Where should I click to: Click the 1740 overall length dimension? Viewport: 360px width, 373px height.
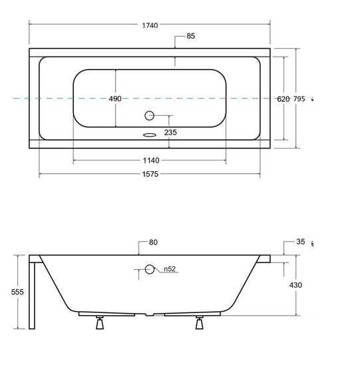pyautogui.click(x=150, y=25)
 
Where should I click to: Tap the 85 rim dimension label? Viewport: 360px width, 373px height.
pyautogui.click(x=190, y=36)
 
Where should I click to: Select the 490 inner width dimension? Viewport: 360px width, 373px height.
pyautogui.click(x=115, y=99)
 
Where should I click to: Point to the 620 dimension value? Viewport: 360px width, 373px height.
pyautogui.click(x=283, y=99)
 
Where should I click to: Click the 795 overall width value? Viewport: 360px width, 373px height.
pyautogui.click(x=299, y=99)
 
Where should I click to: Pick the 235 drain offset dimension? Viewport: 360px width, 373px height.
pyautogui.click(x=170, y=133)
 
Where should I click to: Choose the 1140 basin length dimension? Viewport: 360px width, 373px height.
pyautogui.click(x=151, y=161)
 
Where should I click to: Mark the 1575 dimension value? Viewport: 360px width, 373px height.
pyautogui.click(x=150, y=174)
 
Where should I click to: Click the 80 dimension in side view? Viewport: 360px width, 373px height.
pyautogui.click(x=153, y=242)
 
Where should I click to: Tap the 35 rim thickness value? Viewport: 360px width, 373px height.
pyautogui.click(x=301, y=241)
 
